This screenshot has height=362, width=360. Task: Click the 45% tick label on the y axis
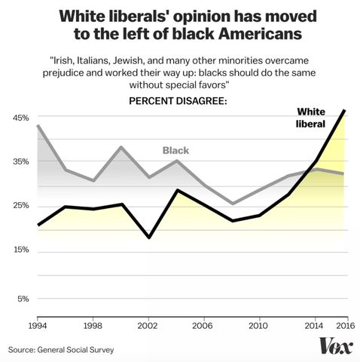[20, 118]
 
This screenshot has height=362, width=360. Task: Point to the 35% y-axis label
[20, 161]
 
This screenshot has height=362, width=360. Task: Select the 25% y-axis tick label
[20, 206]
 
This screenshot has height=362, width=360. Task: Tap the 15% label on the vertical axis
[20, 250]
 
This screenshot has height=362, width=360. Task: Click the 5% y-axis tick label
[22, 299]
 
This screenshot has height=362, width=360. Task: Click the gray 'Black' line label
[175, 150]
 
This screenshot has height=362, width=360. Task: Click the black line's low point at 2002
[149, 238]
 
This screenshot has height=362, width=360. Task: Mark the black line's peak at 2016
[344, 111]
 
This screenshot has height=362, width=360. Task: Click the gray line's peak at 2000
[121, 147]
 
